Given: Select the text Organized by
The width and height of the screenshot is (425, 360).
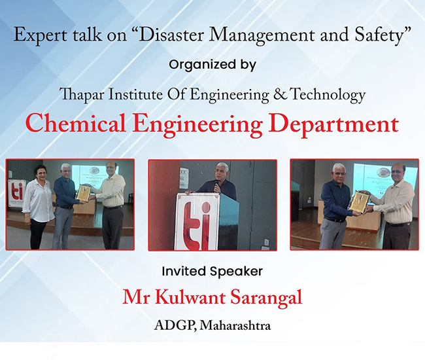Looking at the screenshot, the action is coord(212,65).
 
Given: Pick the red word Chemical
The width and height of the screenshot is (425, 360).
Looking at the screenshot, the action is coord(75,124).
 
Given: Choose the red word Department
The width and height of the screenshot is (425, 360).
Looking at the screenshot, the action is coord(334,125).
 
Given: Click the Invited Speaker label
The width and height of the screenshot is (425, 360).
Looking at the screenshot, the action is coord(212,272).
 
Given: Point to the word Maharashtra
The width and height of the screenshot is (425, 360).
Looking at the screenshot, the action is coord(235,325).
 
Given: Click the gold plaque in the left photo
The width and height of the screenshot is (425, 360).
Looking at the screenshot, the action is coord(83,192).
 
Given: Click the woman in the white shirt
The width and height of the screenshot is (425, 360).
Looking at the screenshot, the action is coord(38,207).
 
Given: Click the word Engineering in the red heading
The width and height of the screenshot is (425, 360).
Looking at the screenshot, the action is coord(197,124).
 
